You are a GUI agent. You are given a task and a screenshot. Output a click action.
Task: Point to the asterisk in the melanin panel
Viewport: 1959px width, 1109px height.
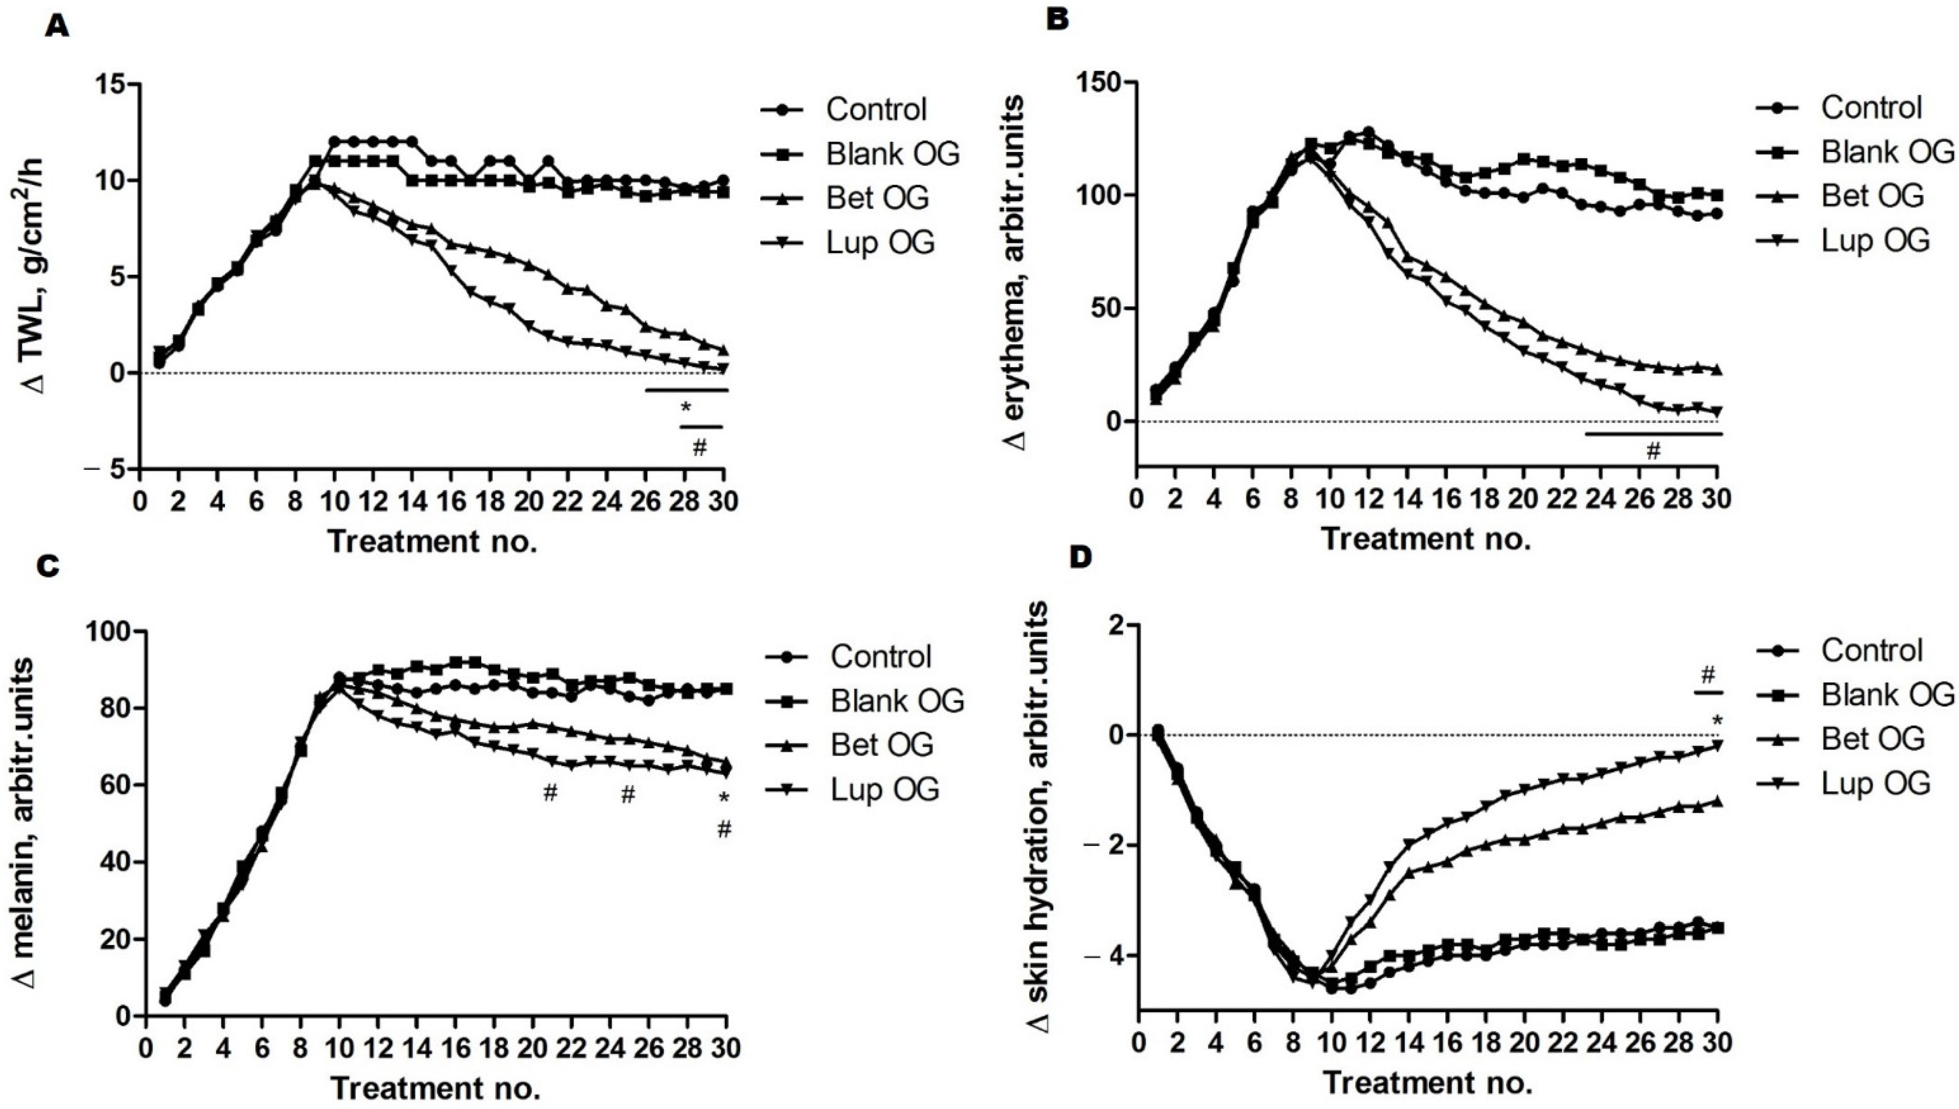coord(724,798)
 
